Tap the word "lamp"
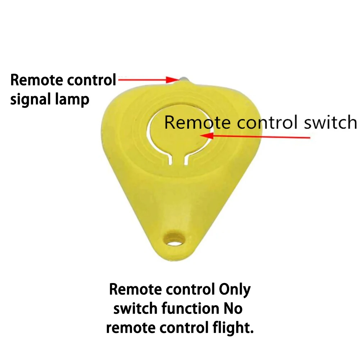point(73,100)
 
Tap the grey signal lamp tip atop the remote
point(183,78)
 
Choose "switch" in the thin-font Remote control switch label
point(330,123)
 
